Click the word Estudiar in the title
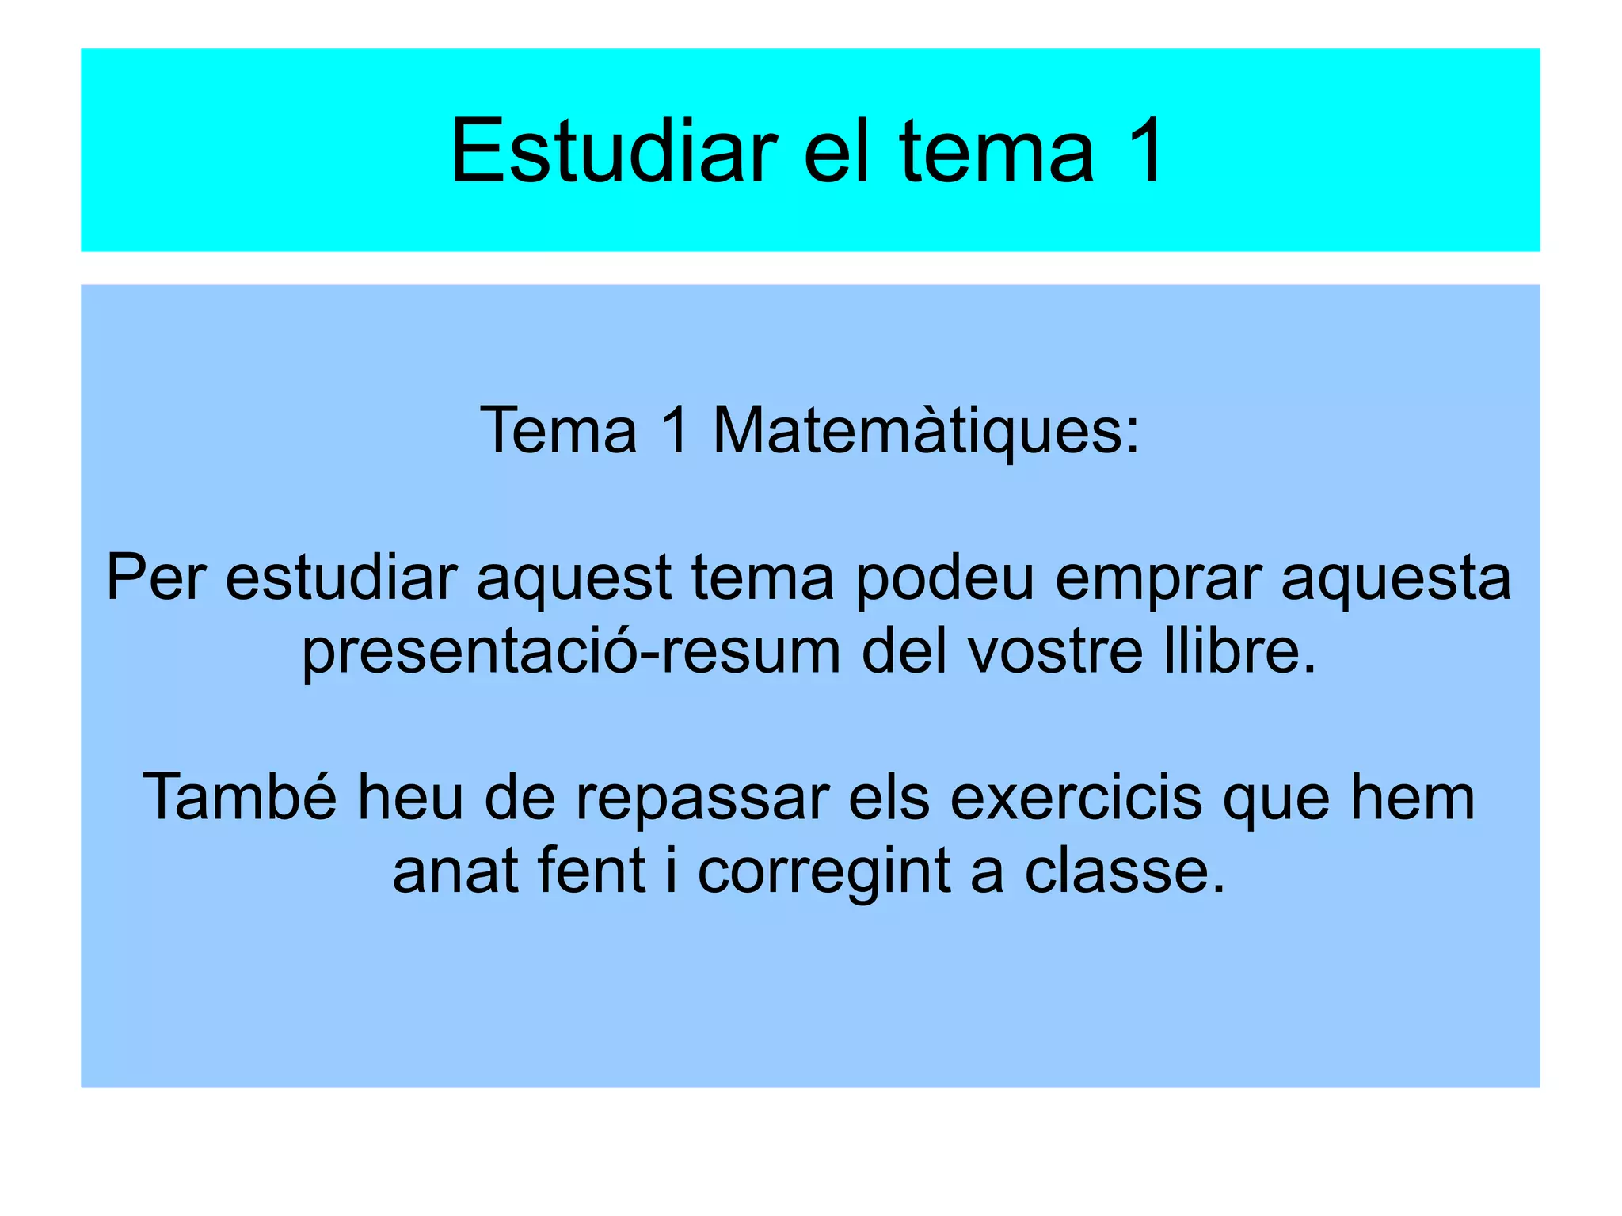[614, 151]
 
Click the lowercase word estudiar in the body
[341, 578]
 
